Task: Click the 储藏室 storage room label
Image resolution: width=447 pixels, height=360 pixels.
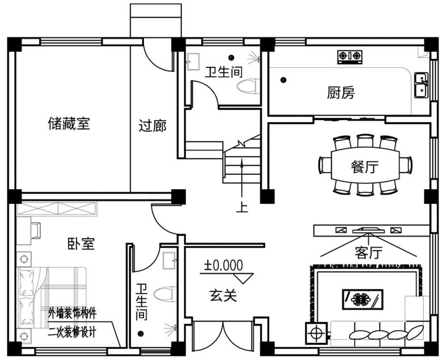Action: click(x=69, y=124)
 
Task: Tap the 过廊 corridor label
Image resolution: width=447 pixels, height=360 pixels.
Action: click(x=152, y=126)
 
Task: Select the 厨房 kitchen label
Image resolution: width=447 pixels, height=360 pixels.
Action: click(x=341, y=92)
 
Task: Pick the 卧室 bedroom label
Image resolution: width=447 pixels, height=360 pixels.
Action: click(x=81, y=244)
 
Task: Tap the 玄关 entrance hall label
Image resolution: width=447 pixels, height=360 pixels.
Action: click(x=223, y=295)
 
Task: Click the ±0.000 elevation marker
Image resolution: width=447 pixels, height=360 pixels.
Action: click(x=224, y=264)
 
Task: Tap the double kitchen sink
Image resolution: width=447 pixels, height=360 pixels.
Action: click(x=420, y=85)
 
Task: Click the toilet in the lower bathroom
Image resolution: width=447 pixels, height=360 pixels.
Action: click(x=163, y=294)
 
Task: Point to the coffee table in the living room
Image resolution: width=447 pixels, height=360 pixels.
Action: click(x=363, y=298)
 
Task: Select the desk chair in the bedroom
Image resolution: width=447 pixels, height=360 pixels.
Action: click(x=35, y=230)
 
